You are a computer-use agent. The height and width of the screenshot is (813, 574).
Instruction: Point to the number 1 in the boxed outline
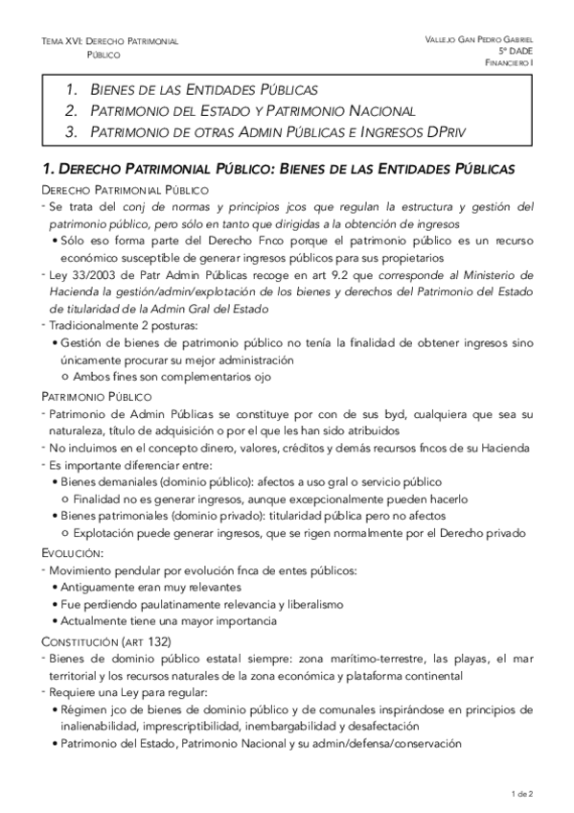[x=72, y=90]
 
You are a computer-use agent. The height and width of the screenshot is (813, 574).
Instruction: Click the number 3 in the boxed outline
[x=72, y=131]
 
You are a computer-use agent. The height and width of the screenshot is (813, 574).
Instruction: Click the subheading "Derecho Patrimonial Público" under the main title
[x=105, y=191]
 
